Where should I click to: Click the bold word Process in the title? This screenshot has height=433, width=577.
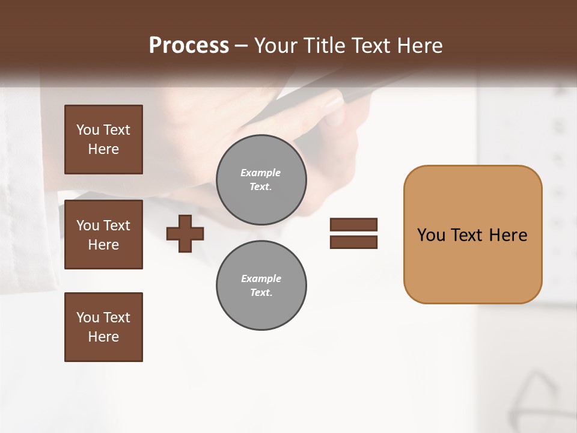(x=189, y=46)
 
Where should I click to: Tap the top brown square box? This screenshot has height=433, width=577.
(x=103, y=140)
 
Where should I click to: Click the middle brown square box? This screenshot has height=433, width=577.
(x=103, y=235)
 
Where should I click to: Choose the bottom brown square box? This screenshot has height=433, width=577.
(x=103, y=327)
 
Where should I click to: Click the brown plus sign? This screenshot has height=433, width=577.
(x=185, y=233)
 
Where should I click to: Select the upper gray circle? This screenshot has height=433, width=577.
(x=261, y=180)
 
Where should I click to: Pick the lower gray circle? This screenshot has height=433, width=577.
(x=261, y=286)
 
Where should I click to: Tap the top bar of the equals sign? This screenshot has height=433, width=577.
(x=353, y=225)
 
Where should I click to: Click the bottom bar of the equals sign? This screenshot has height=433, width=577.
(x=353, y=242)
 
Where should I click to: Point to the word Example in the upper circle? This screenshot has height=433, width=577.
(x=260, y=173)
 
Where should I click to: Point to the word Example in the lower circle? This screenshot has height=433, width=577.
(x=261, y=278)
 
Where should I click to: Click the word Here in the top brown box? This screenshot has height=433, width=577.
(x=103, y=149)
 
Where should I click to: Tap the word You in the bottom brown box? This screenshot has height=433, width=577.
(x=88, y=318)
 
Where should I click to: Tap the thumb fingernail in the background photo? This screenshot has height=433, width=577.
(x=332, y=100)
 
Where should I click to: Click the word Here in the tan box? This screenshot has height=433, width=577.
(x=508, y=235)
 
